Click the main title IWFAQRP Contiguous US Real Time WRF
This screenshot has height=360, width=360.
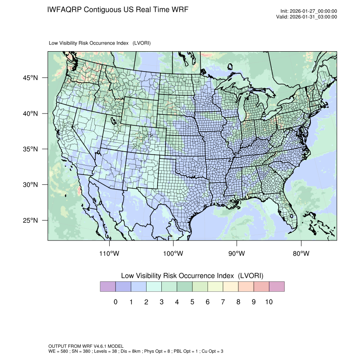point(118,10)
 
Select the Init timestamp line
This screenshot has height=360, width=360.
point(309,11)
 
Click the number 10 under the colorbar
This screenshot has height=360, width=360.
point(269,302)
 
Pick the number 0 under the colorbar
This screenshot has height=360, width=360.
point(115,302)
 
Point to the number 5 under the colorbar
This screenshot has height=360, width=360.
point(192,302)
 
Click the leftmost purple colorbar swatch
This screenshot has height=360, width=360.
point(108,287)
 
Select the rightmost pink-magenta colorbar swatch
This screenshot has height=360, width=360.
point(277,287)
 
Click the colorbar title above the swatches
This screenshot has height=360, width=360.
point(192,276)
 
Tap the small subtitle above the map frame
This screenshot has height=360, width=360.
point(100,43)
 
